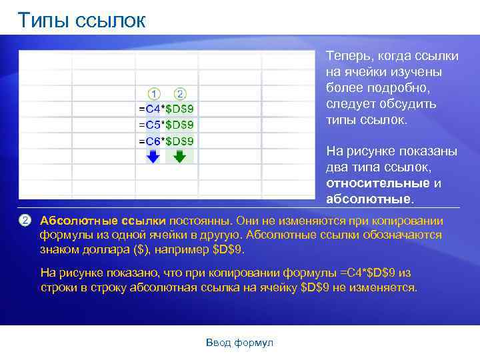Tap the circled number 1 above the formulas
(153, 94)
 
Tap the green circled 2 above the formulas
(180, 94)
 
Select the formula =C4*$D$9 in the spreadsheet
(166, 108)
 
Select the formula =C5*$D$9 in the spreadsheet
(166, 124)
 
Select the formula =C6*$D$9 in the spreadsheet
(166, 141)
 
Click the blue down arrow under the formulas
(153, 156)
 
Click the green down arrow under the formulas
(179, 156)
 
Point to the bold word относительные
(377, 183)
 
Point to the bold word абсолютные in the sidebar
(368, 199)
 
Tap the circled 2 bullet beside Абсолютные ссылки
(26, 220)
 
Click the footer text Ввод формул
(239, 343)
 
